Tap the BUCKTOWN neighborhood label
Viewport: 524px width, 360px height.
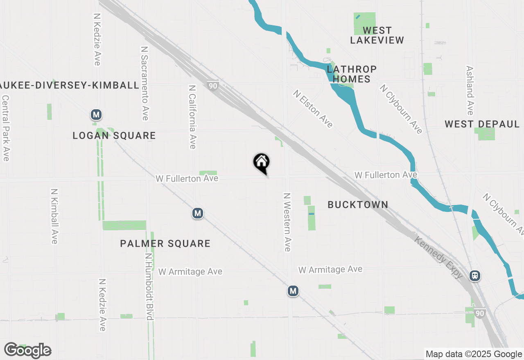click(x=358, y=205)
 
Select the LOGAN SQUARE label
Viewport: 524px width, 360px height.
click(x=114, y=136)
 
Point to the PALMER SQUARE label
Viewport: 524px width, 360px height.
click(x=165, y=244)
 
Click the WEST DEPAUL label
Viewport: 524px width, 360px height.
click(x=482, y=124)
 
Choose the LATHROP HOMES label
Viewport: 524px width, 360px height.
click(x=351, y=74)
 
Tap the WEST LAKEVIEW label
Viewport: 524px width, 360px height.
click(x=377, y=35)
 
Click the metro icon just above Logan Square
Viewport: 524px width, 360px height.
click(x=96, y=115)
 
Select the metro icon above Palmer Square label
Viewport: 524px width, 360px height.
click(x=198, y=213)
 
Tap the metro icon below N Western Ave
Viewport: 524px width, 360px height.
click(x=293, y=291)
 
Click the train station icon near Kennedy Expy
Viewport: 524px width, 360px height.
click(x=475, y=276)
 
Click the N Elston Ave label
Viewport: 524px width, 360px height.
click(x=313, y=109)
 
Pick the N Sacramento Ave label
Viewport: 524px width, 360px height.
click(x=144, y=83)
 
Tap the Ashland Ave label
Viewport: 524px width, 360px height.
click(x=470, y=91)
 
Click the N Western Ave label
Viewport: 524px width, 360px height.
click(x=287, y=222)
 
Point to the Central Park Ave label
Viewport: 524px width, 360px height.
click(x=6, y=128)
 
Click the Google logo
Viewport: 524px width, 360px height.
click(x=27, y=351)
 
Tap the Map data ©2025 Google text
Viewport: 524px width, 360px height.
click(x=474, y=354)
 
